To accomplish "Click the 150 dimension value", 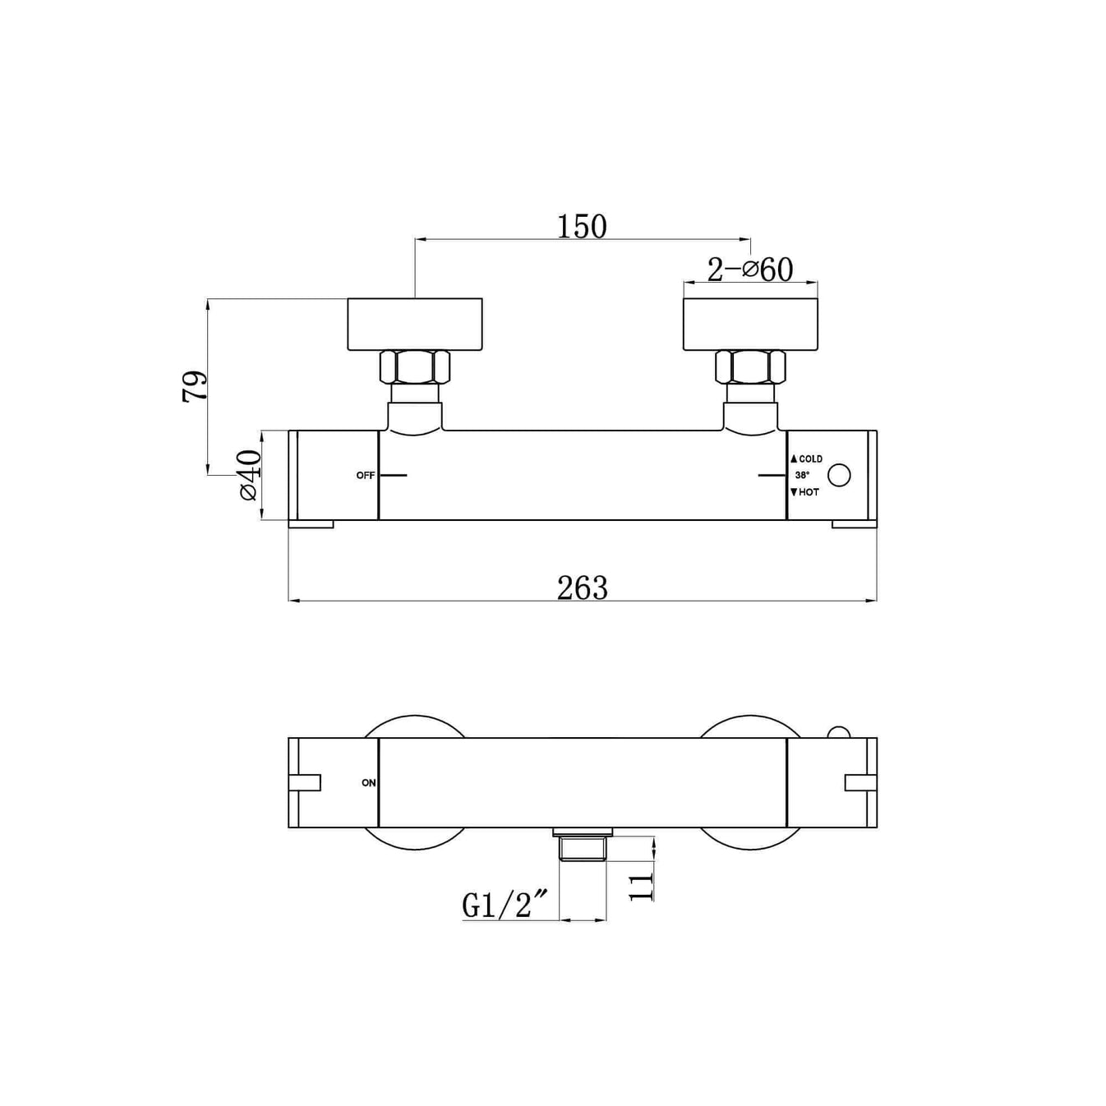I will tap(582, 227).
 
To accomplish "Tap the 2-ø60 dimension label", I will tap(750, 270).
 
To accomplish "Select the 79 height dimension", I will tap(195, 386).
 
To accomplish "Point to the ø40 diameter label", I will tap(249, 475).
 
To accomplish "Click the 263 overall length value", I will tap(582, 588).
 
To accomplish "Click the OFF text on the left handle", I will tap(366, 476).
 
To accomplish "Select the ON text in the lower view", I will tap(369, 783).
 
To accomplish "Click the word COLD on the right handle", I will tap(810, 459).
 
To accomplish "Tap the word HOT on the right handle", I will tap(809, 492).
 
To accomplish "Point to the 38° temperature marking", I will tap(802, 476).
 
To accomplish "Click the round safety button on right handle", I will tap(839, 475).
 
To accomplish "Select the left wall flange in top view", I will tap(415, 325).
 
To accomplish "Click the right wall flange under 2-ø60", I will tap(750, 325).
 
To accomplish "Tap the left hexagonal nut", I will tap(415, 367).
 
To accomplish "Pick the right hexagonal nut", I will tap(750, 367).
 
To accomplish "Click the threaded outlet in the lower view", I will tap(583, 846).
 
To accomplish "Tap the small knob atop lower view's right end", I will tap(838, 732).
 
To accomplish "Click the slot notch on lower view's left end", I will tap(305, 782).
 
